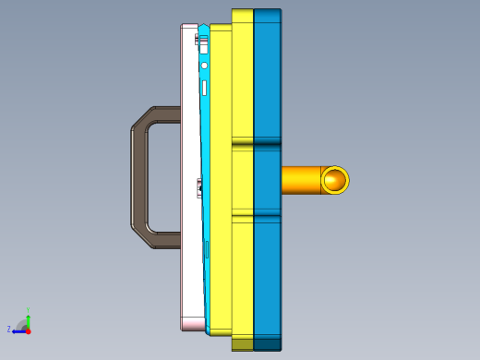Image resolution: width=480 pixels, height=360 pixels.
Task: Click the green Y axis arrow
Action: point(29,319)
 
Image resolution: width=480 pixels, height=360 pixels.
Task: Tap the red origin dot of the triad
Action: point(29,330)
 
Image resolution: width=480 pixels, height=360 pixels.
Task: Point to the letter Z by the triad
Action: point(9,329)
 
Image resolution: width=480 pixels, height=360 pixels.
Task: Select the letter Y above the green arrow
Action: point(29,310)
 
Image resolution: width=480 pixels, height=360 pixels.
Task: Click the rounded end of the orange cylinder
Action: point(334,180)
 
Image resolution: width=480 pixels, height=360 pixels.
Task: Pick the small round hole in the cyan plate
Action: point(204,66)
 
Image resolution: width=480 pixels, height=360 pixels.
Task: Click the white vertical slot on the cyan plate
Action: point(204,88)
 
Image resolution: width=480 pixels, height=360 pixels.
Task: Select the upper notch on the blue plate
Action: point(268,144)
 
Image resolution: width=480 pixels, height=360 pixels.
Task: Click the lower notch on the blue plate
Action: point(268,218)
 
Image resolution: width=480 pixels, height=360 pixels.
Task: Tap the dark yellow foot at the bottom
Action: point(242,344)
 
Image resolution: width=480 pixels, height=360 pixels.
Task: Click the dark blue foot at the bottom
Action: point(268,344)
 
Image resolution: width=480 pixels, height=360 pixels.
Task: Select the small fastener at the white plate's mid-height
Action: point(199,188)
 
